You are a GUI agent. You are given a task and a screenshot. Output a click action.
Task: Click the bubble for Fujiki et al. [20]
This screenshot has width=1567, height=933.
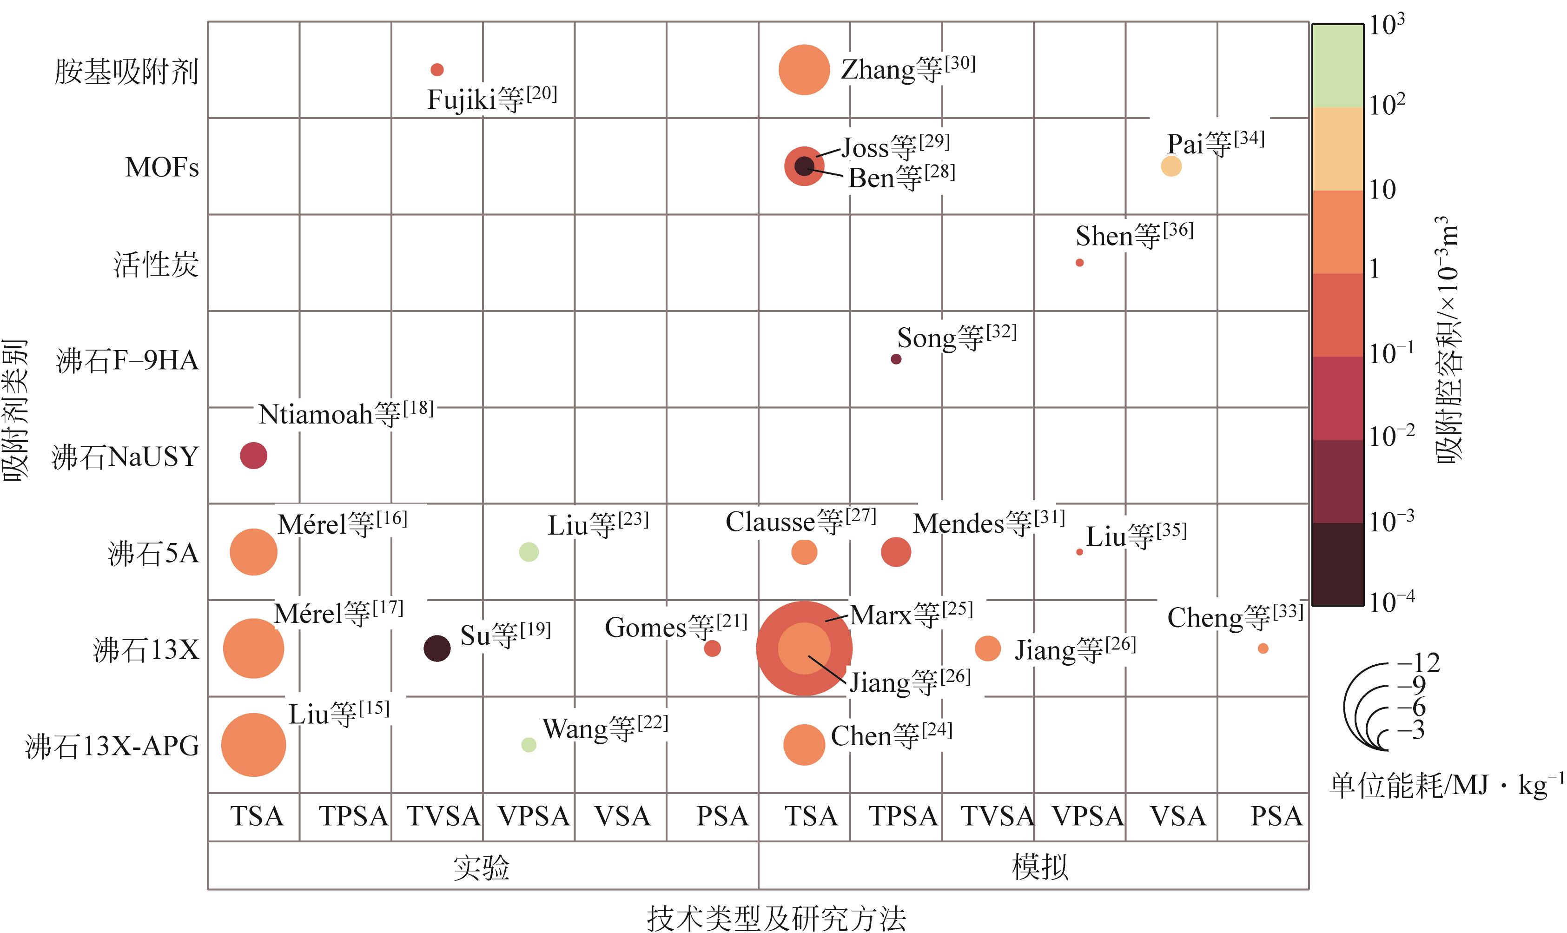tap(437, 69)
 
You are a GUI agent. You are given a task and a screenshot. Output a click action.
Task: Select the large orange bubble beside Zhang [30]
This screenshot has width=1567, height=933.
tap(804, 70)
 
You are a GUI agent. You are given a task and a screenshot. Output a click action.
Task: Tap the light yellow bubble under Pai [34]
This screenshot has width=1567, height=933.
tap(1170, 166)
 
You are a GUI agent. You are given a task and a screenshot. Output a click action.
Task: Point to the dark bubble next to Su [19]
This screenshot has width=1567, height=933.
tap(437, 648)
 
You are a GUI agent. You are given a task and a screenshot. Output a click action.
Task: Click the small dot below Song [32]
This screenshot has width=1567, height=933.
tap(896, 359)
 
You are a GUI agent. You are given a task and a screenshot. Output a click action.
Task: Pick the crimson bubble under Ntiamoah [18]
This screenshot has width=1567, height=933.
tap(253, 455)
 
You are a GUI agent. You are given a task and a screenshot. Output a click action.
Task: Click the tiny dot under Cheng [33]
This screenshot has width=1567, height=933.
tap(1263, 648)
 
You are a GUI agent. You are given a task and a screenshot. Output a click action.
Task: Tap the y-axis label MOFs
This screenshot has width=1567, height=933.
tap(162, 167)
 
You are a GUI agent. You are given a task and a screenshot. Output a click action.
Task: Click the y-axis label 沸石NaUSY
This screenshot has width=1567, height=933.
tap(125, 457)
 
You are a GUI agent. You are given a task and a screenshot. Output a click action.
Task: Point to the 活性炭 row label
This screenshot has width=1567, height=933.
tap(156, 264)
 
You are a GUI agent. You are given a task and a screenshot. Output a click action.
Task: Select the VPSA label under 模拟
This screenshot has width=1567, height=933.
tap(1087, 816)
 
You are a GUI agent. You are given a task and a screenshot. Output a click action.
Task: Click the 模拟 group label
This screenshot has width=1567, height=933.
tap(1040, 867)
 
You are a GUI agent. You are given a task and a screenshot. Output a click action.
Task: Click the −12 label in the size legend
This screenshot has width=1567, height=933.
tap(1418, 662)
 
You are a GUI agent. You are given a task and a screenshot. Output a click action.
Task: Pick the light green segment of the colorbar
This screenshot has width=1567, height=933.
tap(1337, 66)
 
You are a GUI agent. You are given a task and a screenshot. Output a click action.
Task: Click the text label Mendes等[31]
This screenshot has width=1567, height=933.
tap(988, 523)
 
